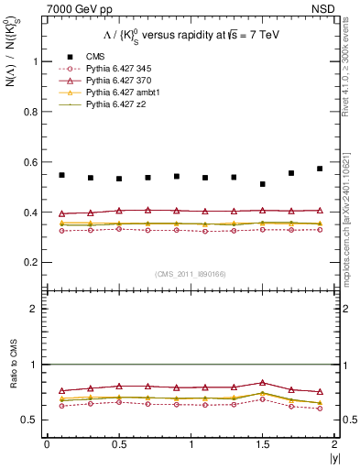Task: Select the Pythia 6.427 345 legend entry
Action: pos(113,69)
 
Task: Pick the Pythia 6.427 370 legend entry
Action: pos(113,82)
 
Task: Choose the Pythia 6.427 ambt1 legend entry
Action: pos(115,93)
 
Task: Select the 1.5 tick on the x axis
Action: pos(262,444)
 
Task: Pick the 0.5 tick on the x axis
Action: pos(119,444)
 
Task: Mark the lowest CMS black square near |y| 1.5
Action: pos(262,184)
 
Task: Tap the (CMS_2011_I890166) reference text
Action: pos(182,273)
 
